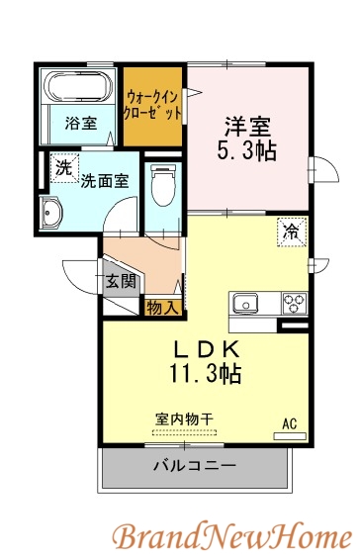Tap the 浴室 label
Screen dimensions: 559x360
click(x=81, y=124)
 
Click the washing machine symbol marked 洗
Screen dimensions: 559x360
click(x=63, y=168)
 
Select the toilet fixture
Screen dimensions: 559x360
click(x=162, y=184)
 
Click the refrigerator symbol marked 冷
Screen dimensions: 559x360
click(x=291, y=232)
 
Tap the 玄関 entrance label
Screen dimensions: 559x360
click(x=122, y=280)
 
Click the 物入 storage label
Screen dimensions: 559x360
click(x=162, y=308)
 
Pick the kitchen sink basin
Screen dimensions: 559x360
click(x=246, y=302)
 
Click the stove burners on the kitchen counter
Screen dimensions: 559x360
click(x=295, y=302)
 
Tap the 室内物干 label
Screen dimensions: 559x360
click(x=184, y=419)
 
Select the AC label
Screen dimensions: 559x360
click(x=290, y=424)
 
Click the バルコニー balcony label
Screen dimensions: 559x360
click(x=194, y=465)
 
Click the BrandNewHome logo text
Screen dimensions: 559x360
click(x=229, y=537)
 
